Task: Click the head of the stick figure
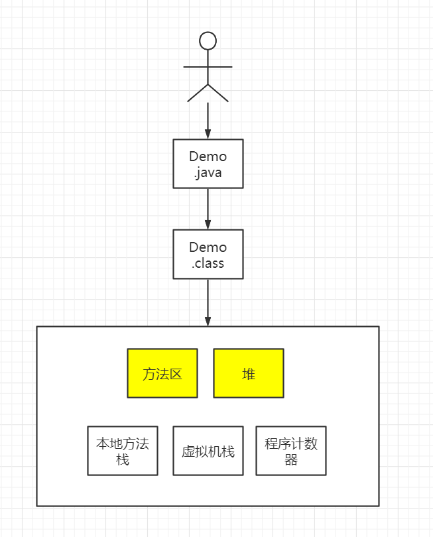click(x=208, y=40)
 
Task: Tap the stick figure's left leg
click(x=198, y=93)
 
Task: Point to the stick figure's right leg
click(x=219, y=93)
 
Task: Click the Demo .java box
click(x=208, y=164)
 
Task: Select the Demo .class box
click(x=208, y=254)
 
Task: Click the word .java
click(x=208, y=173)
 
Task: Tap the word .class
click(x=208, y=263)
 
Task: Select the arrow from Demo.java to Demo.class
click(x=208, y=208)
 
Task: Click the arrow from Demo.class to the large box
click(x=208, y=302)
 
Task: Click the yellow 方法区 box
click(x=162, y=373)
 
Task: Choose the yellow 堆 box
click(x=249, y=373)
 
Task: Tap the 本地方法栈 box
click(x=123, y=451)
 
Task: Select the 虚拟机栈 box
click(x=208, y=451)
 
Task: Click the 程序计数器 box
click(x=291, y=451)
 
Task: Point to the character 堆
click(x=249, y=374)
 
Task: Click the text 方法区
click(x=162, y=374)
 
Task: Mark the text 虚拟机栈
click(x=208, y=451)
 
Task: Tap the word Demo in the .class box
click(x=208, y=247)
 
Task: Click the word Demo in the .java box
click(x=208, y=157)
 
